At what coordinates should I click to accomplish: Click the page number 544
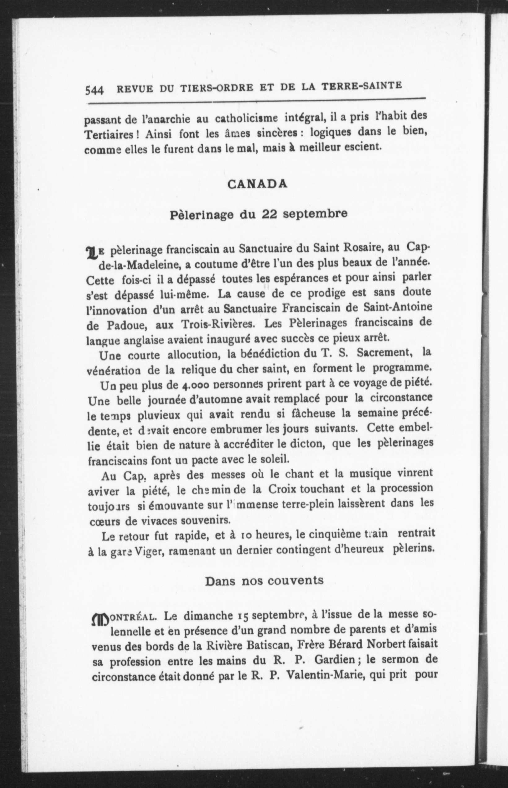click(x=95, y=90)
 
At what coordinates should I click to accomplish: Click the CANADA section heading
click(x=257, y=184)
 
